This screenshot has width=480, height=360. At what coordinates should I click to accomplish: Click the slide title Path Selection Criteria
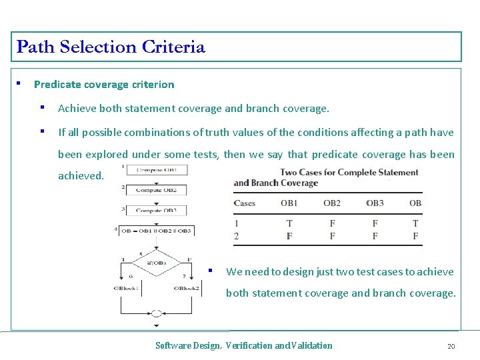tap(111, 47)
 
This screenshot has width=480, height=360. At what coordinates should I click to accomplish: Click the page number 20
tap(451, 346)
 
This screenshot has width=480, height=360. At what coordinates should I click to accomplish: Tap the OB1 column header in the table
tap(289, 203)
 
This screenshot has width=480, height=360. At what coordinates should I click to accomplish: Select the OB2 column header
tap(332, 203)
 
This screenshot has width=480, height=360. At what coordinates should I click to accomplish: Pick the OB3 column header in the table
tap(375, 203)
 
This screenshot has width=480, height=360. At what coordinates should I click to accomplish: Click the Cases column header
tap(245, 203)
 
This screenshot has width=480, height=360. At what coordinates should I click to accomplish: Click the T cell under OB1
tap(289, 223)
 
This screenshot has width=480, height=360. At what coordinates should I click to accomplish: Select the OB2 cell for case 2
tap(332, 236)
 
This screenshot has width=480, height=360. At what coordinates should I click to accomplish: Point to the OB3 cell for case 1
tap(375, 223)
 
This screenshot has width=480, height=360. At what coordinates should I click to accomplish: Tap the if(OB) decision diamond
tap(157, 263)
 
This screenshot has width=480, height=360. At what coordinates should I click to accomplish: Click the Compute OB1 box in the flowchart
tap(157, 170)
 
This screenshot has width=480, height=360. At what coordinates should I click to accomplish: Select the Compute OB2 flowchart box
tap(157, 190)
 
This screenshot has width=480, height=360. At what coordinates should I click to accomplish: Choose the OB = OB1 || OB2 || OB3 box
tap(157, 231)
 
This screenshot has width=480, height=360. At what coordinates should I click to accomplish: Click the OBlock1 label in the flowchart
tap(127, 288)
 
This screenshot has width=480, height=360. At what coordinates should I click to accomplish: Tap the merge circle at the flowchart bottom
tap(157, 313)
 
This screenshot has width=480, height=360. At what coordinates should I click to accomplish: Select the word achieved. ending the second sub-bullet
tap(81, 176)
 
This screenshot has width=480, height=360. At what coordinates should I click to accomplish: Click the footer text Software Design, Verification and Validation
tap(243, 345)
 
